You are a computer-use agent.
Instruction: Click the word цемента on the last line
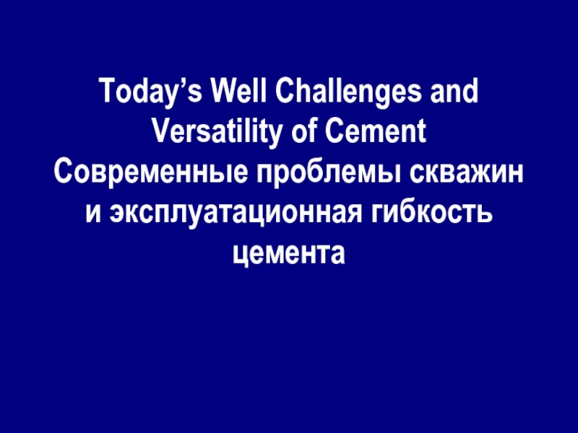pyautogui.click(x=289, y=253)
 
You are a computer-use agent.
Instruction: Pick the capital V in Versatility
pyautogui.click(x=160, y=134)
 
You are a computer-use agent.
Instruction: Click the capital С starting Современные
pyautogui.click(x=61, y=173)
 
